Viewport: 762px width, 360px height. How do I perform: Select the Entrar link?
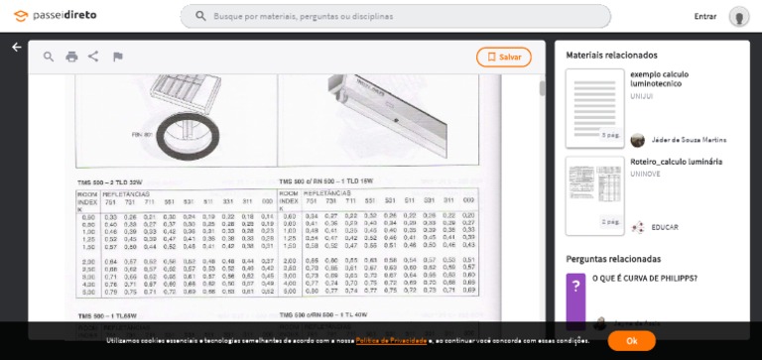coord(705,16)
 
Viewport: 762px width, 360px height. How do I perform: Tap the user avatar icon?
coord(738,16)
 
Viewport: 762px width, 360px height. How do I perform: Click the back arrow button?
coord(16,47)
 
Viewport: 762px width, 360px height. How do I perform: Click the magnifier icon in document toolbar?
coord(49,57)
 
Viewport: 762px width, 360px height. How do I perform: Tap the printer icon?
coord(71,57)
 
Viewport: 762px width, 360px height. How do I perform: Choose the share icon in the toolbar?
coord(93,57)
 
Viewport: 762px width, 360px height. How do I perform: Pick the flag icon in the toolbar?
coord(117,57)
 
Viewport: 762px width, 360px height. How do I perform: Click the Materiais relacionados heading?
coord(611,56)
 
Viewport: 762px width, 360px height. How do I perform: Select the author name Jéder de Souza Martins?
coord(689,140)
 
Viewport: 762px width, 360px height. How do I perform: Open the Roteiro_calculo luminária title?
coord(676,161)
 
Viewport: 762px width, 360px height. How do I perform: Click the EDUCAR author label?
coord(665,227)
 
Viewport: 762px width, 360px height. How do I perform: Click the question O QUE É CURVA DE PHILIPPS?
coord(645,279)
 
